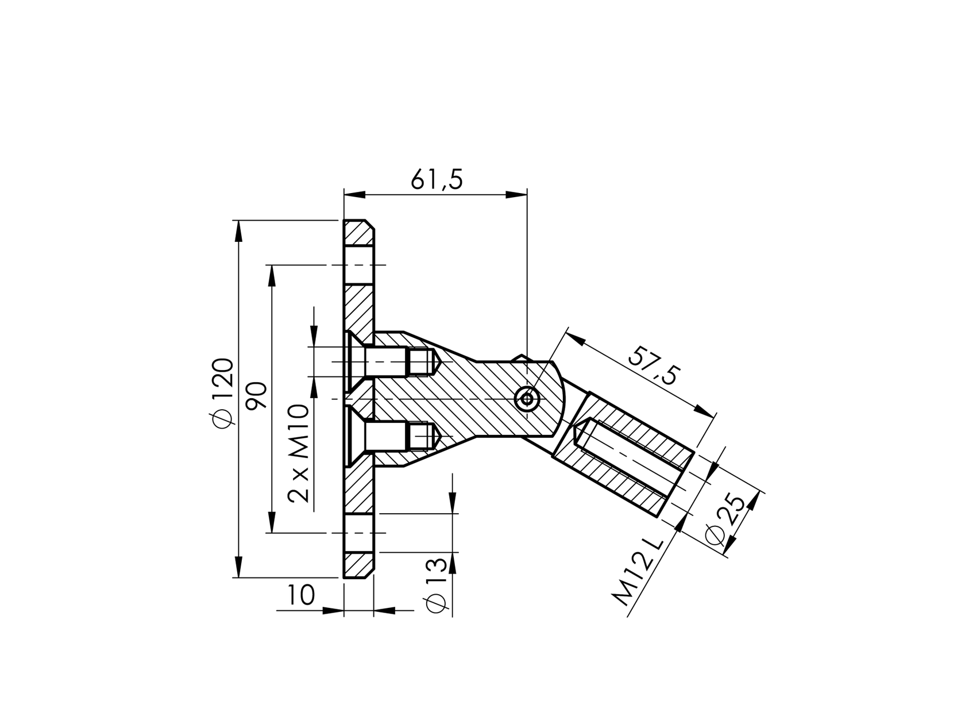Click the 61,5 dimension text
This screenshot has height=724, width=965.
437,180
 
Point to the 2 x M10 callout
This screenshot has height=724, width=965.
299,453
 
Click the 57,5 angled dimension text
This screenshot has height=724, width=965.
654,366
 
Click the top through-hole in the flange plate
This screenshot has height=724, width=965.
359,265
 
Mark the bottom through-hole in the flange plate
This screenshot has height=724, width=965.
359,533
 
